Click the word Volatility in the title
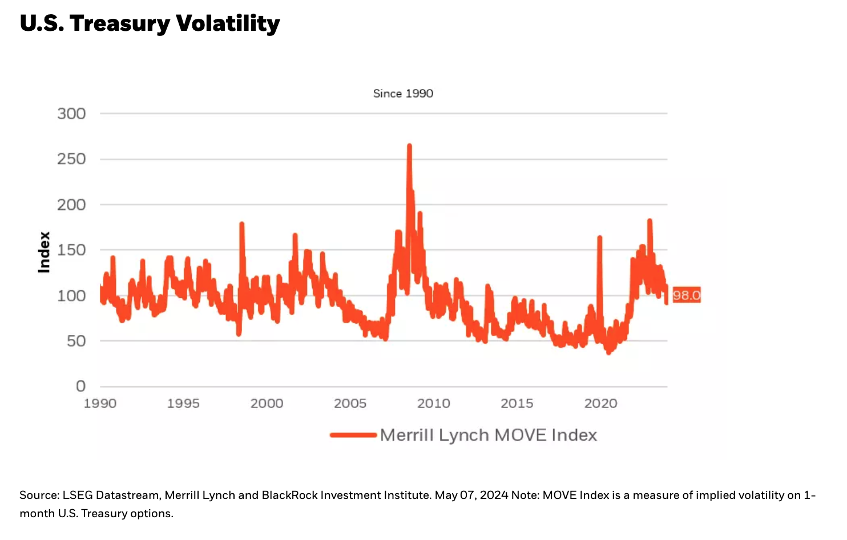point(228,23)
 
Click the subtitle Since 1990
point(403,94)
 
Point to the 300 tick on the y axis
point(71,114)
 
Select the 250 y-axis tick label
point(71,159)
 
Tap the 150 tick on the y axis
point(71,250)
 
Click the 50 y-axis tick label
point(76,341)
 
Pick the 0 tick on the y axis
point(81,386)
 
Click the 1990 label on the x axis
point(100,404)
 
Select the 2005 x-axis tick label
point(350,404)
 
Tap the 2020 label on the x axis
point(600,404)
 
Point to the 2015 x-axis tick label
point(517,404)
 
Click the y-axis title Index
point(44,252)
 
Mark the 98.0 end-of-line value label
point(686,295)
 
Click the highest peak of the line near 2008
point(409,147)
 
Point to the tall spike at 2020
point(599,237)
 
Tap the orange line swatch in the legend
point(353,435)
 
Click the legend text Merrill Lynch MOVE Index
point(489,435)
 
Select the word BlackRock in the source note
point(289,495)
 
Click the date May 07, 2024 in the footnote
point(471,495)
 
